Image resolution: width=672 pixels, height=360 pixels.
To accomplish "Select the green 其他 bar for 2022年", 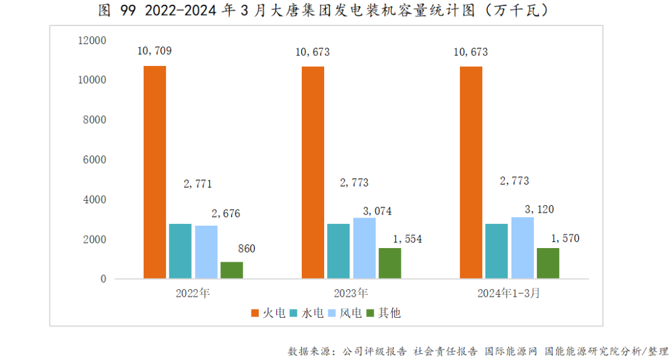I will tap(231, 270).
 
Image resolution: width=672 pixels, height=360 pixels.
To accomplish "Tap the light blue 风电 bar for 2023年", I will tap(364, 247).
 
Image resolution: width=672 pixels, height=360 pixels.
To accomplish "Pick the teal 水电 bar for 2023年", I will tap(338, 251).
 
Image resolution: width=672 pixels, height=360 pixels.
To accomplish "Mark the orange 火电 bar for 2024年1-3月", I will tap(471, 172).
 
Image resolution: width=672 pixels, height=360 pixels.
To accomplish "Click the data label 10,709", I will tap(154, 52).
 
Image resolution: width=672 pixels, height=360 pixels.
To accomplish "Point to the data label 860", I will tap(246, 249).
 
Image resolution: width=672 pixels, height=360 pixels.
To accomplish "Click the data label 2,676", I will tap(225, 213).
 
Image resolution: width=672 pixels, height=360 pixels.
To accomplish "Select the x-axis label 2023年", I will tap(351, 293).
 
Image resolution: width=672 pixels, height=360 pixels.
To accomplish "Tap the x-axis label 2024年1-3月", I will tap(510, 293).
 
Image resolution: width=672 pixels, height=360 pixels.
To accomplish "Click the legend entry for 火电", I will tap(268, 312).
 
